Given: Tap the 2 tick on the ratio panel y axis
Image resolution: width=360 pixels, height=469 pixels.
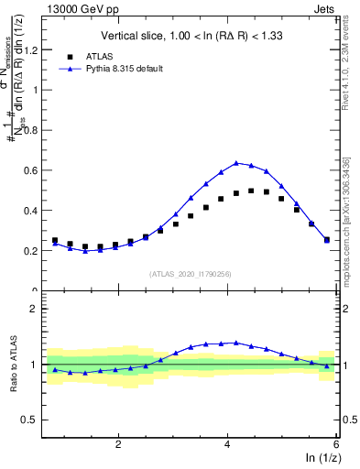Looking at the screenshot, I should point(38,309).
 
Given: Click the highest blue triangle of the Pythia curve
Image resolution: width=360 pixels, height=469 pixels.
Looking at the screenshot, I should point(236,163).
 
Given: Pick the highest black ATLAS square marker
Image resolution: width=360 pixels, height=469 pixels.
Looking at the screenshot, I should point(251,191).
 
